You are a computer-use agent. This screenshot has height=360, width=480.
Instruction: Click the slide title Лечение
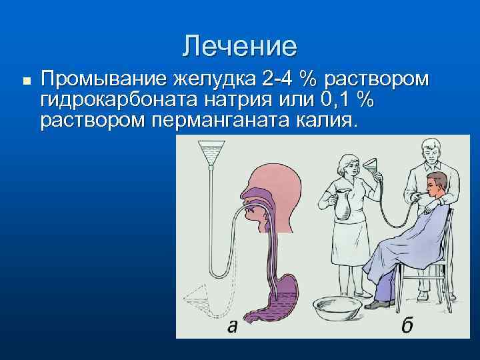240,46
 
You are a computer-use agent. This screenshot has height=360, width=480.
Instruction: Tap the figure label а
231,326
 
